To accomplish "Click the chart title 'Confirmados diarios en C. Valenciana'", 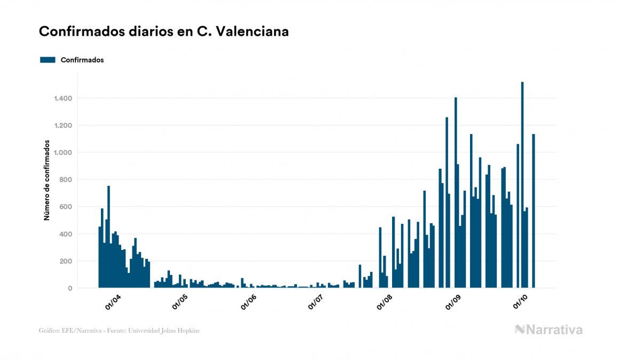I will pyautogui.click(x=164, y=32).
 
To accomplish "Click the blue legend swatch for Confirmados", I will pyautogui.click(x=48, y=60).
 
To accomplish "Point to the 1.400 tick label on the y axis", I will pyautogui.click(x=62, y=98).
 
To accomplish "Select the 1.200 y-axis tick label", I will pyautogui.click(x=62, y=126).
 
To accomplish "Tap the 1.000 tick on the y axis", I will pyautogui.click(x=62, y=153).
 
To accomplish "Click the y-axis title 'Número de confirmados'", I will pyautogui.click(x=47, y=180).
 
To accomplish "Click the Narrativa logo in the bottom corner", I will pyautogui.click(x=549, y=330).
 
